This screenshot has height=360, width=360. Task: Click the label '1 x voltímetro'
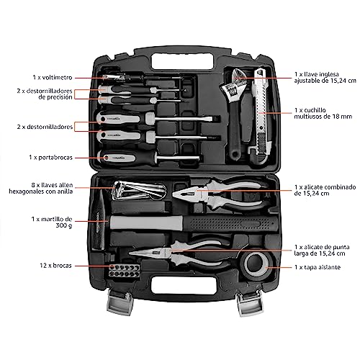click(x=53, y=78)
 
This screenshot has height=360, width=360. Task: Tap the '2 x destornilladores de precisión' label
click(x=45, y=94)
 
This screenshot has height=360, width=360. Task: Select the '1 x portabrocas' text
click(x=50, y=158)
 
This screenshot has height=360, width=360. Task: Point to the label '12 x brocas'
click(x=55, y=266)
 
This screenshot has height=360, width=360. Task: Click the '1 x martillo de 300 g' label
click(x=52, y=222)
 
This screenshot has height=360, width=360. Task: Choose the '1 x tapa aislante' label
click(x=318, y=267)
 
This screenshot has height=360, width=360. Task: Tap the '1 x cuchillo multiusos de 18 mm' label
click(x=323, y=113)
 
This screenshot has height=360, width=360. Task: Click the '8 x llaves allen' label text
click(x=52, y=185)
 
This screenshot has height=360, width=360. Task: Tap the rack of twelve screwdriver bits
click(x=124, y=271)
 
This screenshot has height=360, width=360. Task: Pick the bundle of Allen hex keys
click(x=139, y=191)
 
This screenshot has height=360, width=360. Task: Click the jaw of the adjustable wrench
click(x=234, y=83)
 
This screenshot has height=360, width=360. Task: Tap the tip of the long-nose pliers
click(x=130, y=253)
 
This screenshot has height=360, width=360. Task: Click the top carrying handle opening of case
click(x=182, y=62)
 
